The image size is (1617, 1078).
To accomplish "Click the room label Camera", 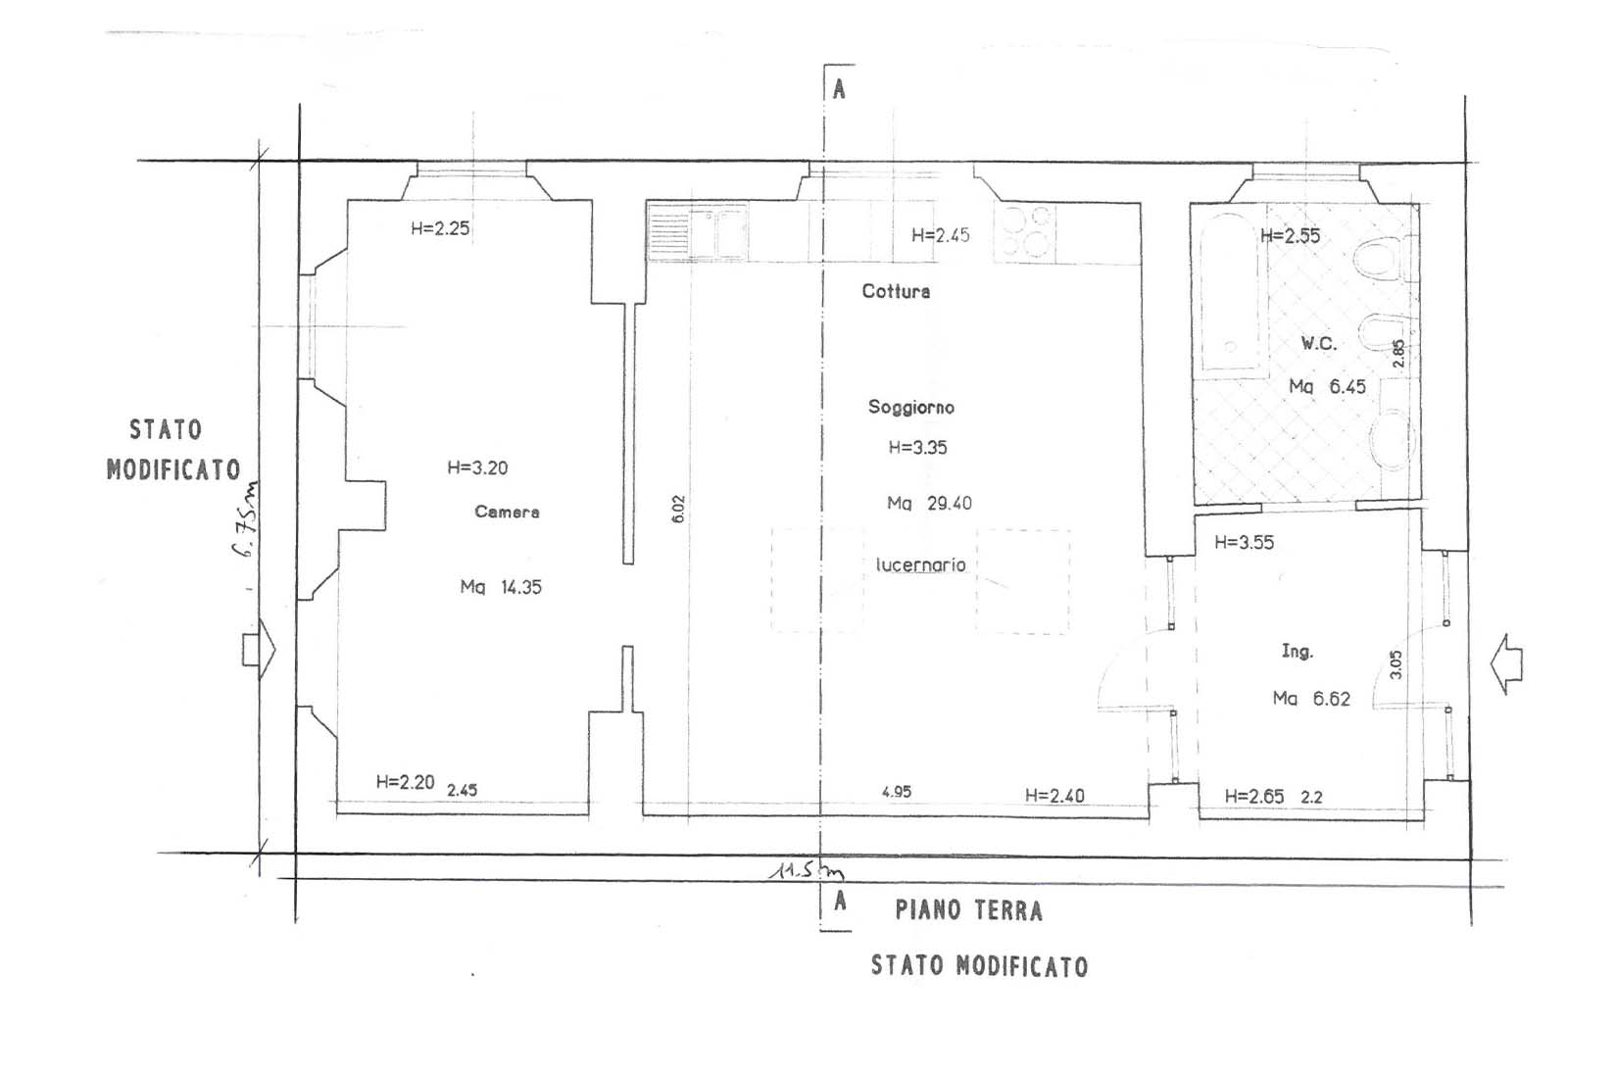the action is point(507,512).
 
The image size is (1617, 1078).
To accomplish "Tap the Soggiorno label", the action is point(911,408).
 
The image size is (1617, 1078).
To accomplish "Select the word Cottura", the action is point(896,291).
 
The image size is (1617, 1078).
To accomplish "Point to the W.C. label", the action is point(1319,344).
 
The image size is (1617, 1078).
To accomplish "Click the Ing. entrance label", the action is point(1298,652).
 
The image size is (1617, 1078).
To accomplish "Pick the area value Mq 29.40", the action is point(929,504).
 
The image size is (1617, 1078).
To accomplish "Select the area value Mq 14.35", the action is point(501,587).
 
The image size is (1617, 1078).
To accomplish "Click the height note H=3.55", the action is point(1245,542).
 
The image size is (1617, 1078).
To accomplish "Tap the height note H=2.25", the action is point(440,229).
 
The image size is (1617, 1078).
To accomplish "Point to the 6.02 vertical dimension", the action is point(678,509).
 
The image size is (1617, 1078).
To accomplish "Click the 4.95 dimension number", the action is point(897,792).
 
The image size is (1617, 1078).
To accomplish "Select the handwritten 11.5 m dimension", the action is point(807,871).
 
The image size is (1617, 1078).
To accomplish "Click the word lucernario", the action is point(920,564).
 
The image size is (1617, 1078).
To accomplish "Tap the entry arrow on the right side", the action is point(1506,664).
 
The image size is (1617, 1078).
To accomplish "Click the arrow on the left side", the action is point(259,649).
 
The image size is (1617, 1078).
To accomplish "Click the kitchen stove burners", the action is point(1025,232).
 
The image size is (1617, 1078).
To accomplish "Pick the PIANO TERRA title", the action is point(969,910).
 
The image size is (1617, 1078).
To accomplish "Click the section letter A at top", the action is point(839,89).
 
